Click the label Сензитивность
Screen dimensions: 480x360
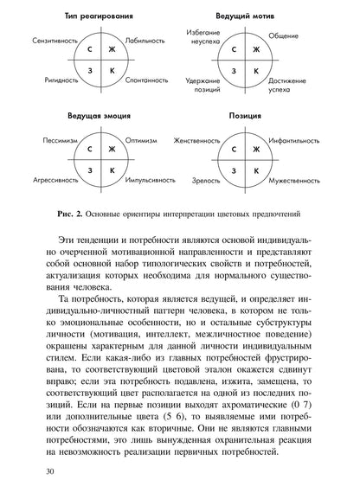[x=54, y=41]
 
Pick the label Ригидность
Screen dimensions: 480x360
[x=59, y=80]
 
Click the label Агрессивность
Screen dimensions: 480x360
[x=53, y=182]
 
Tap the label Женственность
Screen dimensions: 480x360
[x=196, y=139]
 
